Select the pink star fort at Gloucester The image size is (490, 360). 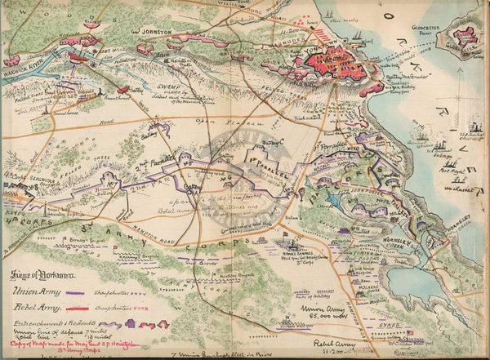465,39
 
